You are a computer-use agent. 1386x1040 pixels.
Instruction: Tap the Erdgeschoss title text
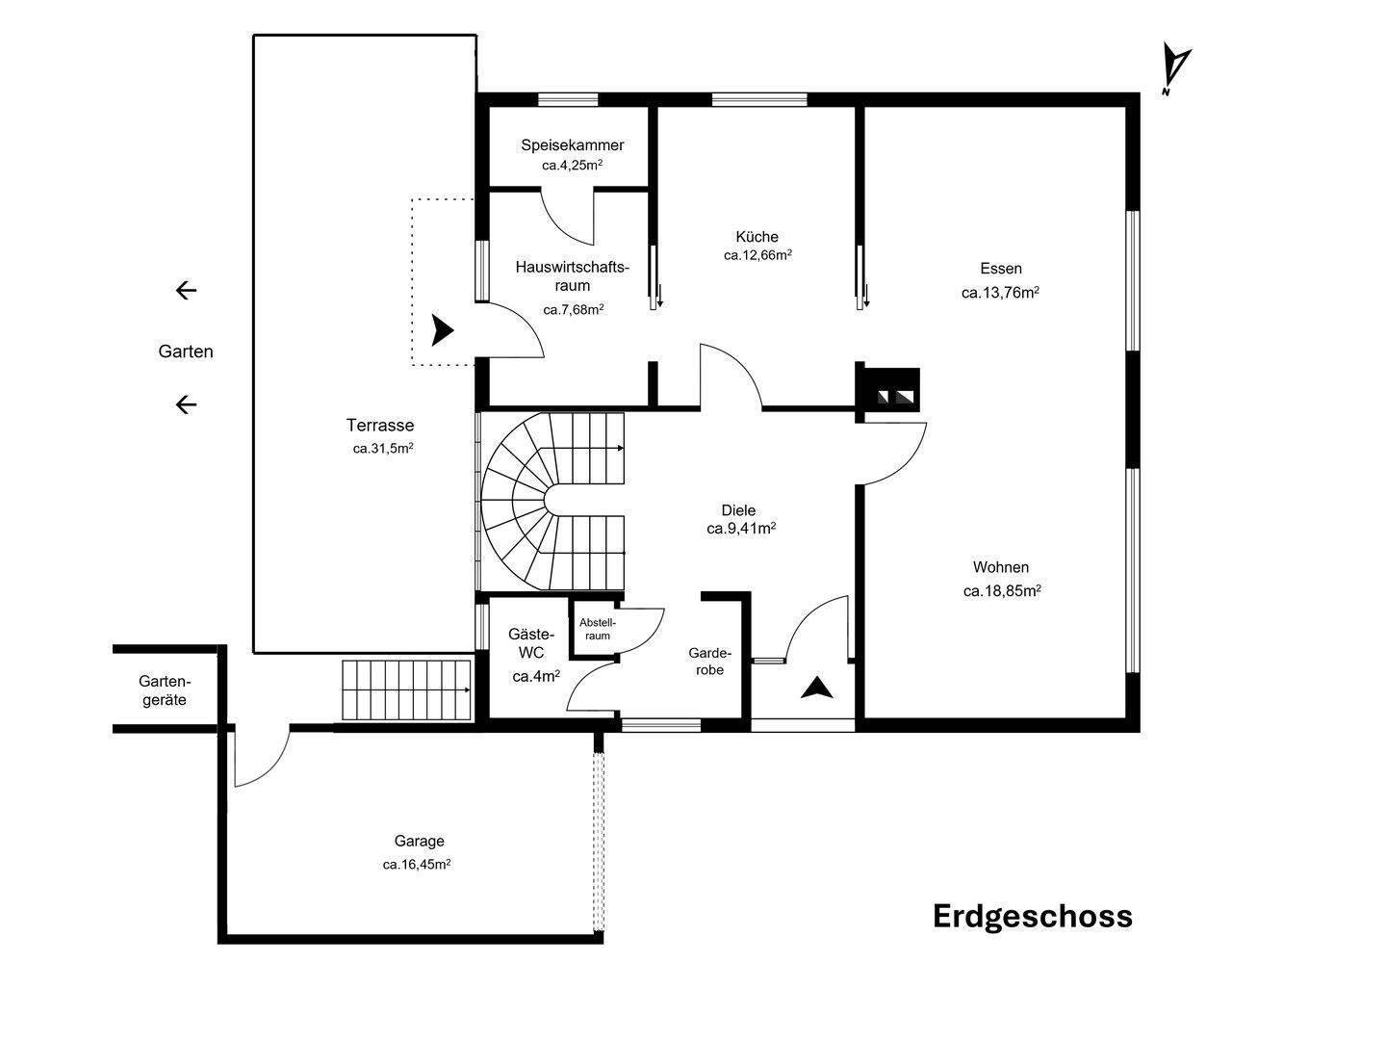coord(1033,916)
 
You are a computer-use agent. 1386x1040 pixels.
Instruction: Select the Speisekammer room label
coord(572,145)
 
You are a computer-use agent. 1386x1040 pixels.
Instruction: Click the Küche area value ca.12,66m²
coord(757,255)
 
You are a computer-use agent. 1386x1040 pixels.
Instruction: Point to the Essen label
coord(1001,269)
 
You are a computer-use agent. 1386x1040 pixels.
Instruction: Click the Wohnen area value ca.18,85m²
coord(1002,591)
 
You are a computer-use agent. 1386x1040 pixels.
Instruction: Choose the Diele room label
coord(738,509)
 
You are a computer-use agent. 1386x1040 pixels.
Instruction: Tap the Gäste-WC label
coord(531,643)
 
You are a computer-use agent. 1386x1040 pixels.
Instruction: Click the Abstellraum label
coord(598,629)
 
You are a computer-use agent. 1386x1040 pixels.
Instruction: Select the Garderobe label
coord(709,662)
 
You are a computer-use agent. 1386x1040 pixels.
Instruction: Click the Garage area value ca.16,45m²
coord(417,864)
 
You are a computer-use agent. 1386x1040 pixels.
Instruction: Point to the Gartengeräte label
coord(165,690)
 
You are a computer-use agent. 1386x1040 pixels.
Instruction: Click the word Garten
coord(186,351)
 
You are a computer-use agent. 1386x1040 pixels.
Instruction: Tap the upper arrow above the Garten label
coord(186,291)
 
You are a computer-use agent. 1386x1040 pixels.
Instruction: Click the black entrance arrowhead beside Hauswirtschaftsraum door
coord(442,329)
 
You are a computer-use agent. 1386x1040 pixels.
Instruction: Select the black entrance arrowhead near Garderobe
coord(817,689)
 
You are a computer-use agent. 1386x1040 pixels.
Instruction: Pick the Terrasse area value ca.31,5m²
coord(383,449)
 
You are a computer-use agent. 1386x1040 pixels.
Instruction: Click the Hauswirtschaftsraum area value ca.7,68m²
coord(574,309)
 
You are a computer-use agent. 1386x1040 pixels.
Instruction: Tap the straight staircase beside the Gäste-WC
coord(406,690)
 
